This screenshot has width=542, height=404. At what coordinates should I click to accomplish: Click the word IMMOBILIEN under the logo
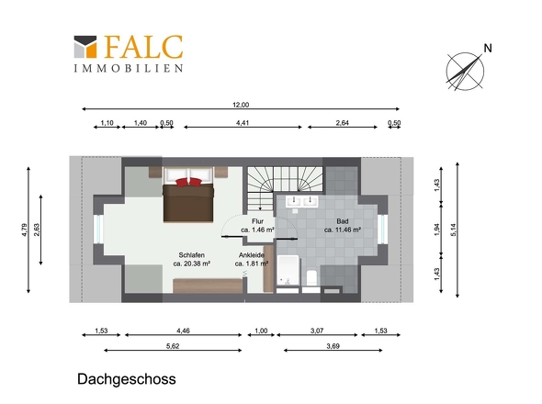[128, 68]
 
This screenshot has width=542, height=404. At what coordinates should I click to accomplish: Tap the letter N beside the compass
[488, 48]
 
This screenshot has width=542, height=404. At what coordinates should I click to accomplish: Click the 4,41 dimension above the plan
[243, 122]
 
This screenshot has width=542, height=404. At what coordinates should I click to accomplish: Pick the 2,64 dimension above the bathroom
[342, 122]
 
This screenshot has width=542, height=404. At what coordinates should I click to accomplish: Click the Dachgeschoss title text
[126, 378]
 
